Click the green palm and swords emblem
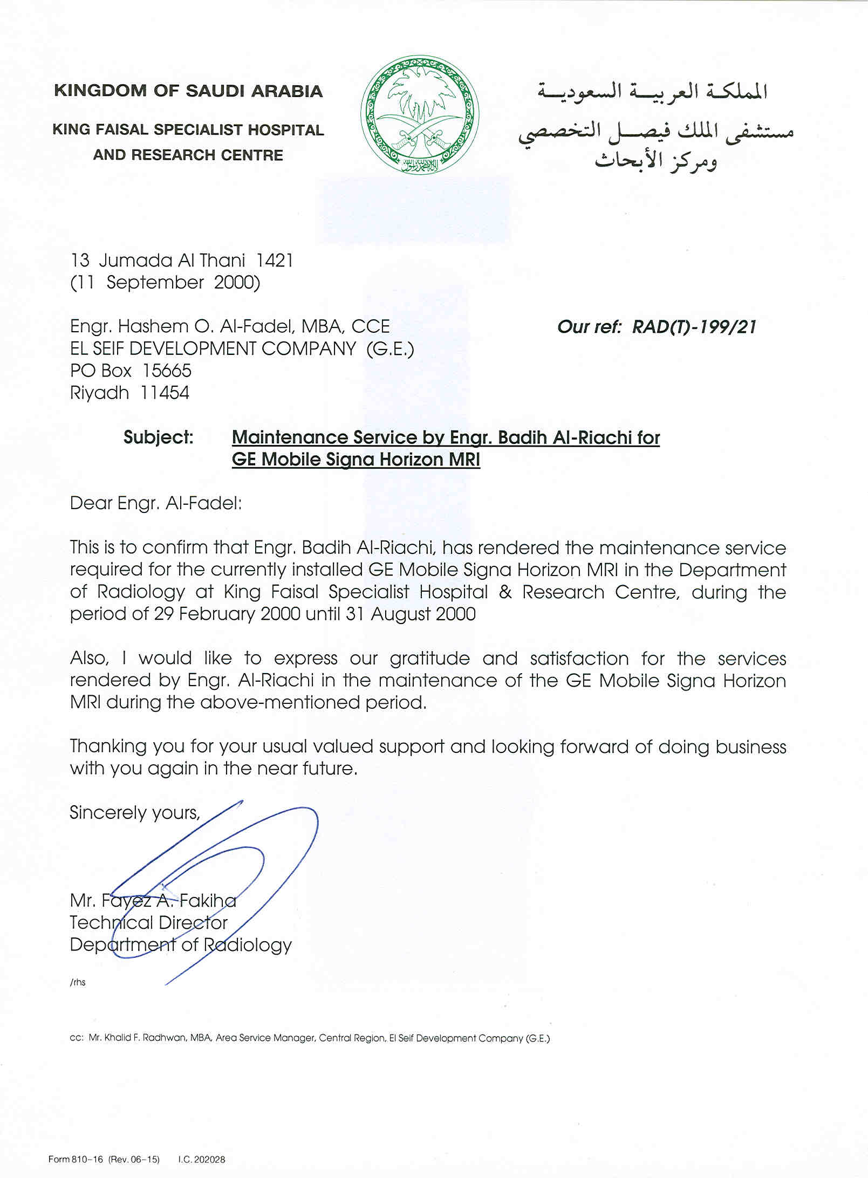tap(419, 114)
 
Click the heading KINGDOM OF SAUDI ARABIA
tap(188, 91)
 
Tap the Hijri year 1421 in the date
tap(275, 261)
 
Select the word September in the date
tap(155, 283)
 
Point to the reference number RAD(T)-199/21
tap(694, 327)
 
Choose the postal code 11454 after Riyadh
tap(165, 393)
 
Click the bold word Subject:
tap(158, 437)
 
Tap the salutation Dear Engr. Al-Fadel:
tap(156, 503)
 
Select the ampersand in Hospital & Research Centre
tap(505, 592)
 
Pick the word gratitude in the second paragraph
tap(429, 659)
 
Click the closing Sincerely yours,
tap(134, 812)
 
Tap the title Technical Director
tap(148, 923)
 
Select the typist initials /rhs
tap(78, 982)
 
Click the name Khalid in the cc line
tap(118, 1038)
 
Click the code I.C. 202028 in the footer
tap(201, 1159)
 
